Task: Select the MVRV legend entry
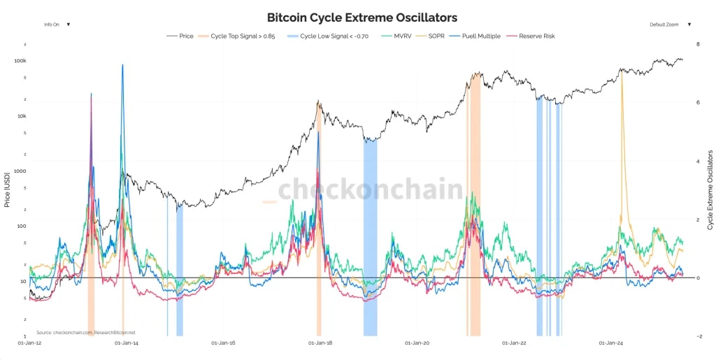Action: [401, 36]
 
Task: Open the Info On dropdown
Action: [57, 24]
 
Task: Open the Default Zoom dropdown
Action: [670, 24]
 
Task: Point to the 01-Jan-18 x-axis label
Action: [320, 343]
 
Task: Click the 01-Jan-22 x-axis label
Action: [514, 343]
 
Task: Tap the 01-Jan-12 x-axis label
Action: [29, 343]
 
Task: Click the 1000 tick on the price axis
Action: [20, 171]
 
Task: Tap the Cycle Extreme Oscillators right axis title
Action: [710, 189]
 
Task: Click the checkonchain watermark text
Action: [371, 189]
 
